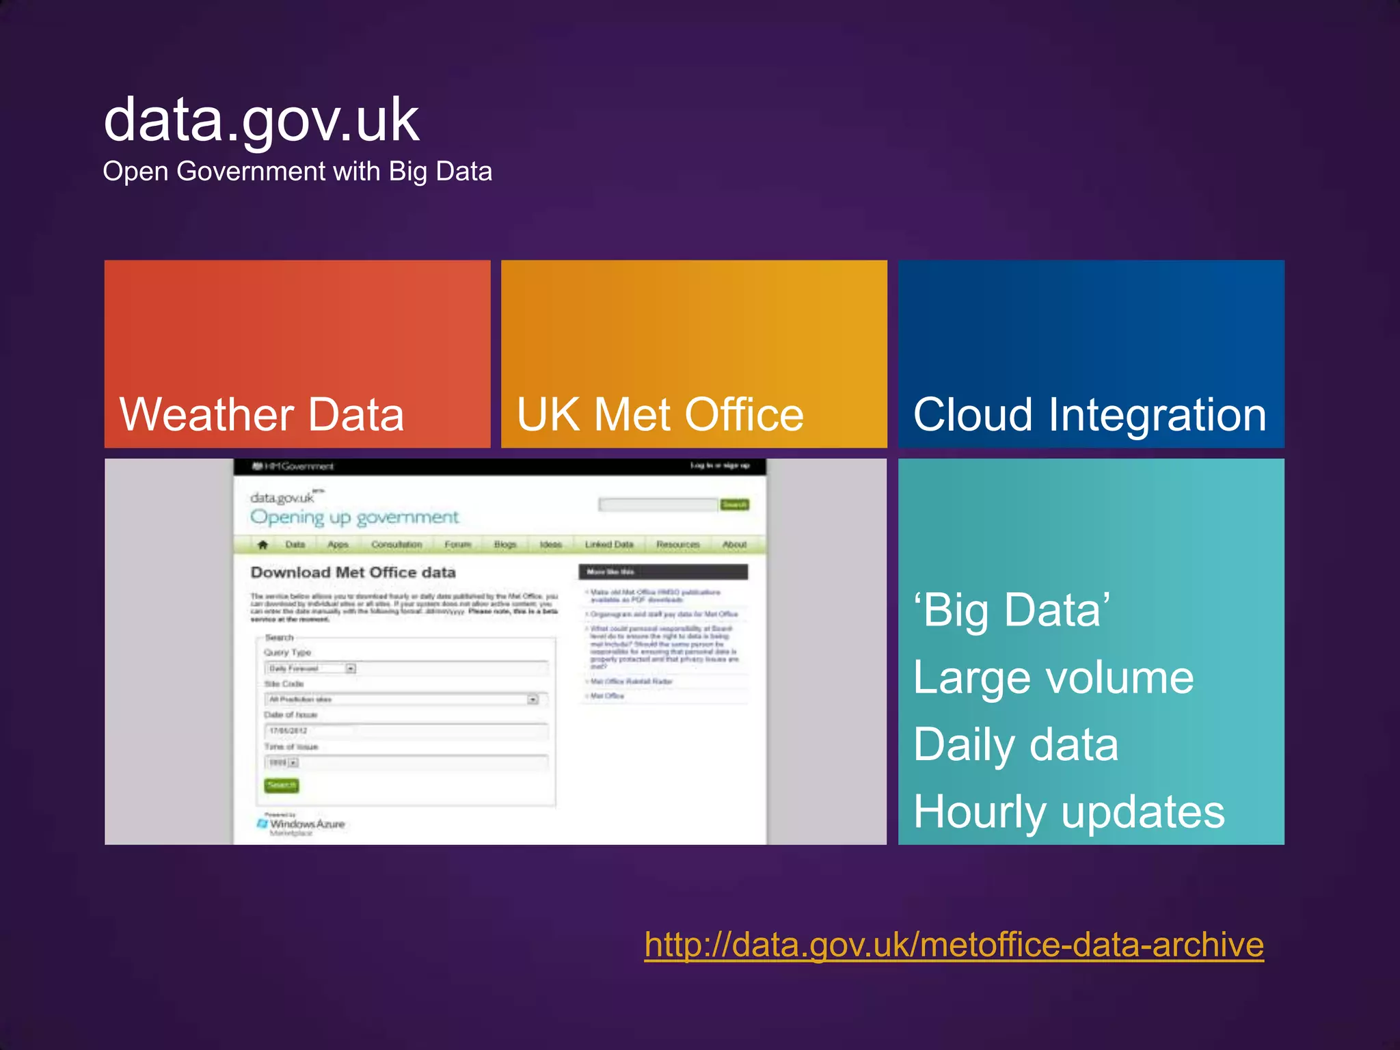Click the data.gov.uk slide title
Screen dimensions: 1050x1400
(261, 120)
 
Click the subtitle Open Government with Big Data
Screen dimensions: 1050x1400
(297, 171)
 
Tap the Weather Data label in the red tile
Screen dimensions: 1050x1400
(262, 414)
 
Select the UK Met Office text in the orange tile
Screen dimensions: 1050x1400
(660, 414)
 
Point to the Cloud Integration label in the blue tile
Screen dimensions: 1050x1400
(1090, 414)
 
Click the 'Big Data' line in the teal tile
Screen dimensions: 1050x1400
(1012, 610)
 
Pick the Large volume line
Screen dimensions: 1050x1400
(1053, 677)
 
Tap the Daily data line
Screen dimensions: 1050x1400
(1016, 744)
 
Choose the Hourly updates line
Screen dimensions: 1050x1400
(1069, 811)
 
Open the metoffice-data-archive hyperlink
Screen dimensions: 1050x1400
(954, 945)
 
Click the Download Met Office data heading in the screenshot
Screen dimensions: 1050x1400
(353, 572)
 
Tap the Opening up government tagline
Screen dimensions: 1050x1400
(354, 517)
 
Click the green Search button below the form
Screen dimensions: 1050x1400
(281, 785)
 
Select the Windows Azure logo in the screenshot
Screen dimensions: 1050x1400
(301, 824)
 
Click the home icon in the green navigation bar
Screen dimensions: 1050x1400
(262, 545)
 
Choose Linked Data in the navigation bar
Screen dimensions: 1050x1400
(609, 545)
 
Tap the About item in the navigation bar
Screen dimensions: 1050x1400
(734, 545)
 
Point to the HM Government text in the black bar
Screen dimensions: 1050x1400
(293, 466)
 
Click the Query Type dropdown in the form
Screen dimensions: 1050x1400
(312, 669)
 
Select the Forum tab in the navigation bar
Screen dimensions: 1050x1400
(457, 545)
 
